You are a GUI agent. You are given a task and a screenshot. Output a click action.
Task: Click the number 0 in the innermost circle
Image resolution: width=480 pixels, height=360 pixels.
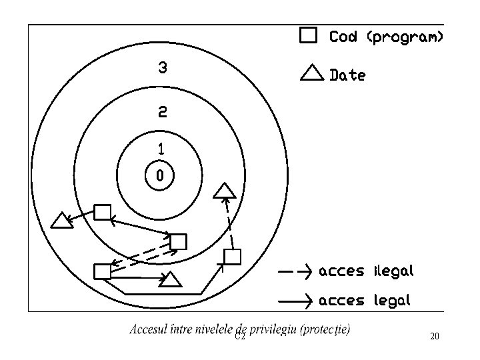(x=159, y=176)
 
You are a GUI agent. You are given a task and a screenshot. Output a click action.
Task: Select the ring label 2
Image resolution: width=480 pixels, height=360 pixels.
(x=162, y=111)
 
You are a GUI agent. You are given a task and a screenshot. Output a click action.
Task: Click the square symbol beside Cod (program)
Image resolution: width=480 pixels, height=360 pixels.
(x=308, y=36)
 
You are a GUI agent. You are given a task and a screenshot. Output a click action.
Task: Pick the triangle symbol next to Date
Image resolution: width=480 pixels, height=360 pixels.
(x=312, y=73)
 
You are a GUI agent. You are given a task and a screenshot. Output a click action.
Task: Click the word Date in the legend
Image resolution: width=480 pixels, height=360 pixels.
(x=347, y=75)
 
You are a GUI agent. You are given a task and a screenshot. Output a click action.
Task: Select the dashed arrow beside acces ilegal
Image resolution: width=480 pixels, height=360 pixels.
(x=294, y=271)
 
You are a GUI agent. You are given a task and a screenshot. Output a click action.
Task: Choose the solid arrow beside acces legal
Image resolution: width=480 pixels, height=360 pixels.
(x=294, y=301)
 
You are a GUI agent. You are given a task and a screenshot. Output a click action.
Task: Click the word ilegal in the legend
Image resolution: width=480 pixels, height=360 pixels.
(x=394, y=271)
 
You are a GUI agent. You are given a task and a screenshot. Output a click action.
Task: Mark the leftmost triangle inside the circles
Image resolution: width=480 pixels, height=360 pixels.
(x=62, y=221)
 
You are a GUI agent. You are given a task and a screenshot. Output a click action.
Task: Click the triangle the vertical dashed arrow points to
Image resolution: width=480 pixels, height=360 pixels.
(x=225, y=191)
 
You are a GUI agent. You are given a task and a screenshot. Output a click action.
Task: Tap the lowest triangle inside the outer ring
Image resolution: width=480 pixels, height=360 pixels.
(x=171, y=279)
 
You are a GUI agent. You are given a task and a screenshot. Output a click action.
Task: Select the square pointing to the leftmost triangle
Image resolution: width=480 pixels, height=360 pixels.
(x=102, y=213)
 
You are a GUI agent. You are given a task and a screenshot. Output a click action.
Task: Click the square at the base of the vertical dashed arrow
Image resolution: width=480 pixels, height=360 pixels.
(x=232, y=256)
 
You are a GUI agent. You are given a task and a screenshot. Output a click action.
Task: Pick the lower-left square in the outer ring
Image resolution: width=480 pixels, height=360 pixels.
(x=102, y=271)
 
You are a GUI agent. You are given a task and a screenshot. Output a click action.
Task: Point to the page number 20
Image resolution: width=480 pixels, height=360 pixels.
(x=435, y=337)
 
